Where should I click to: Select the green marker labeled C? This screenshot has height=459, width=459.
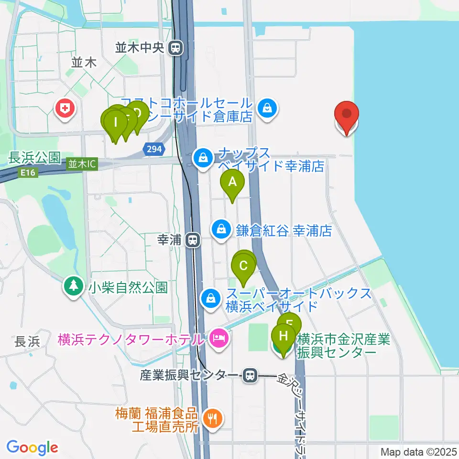243,266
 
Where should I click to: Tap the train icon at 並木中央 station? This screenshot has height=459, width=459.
176,47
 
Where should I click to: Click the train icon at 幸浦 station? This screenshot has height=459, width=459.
193,240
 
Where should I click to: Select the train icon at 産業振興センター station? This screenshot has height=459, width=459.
249,375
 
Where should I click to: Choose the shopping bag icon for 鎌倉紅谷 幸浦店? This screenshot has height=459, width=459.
222,229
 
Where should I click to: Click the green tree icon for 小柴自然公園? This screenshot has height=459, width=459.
73,287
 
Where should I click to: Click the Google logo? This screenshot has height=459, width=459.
32,447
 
